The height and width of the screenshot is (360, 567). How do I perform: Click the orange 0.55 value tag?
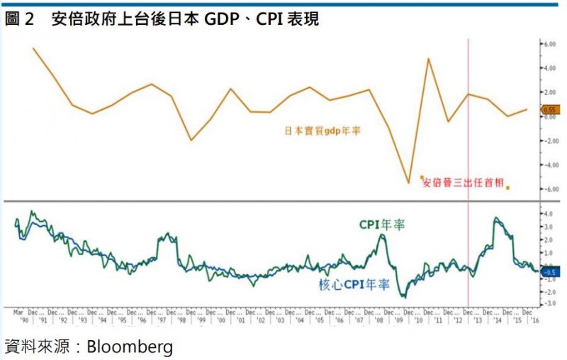point(550,110)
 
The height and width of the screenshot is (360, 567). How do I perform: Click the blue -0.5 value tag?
point(551,271)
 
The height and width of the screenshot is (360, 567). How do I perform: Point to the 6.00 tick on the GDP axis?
point(549,44)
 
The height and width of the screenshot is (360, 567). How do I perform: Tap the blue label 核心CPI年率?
point(354,285)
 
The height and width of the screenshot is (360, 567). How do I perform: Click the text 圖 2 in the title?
point(20,19)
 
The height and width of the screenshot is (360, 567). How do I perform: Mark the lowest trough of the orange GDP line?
point(409,183)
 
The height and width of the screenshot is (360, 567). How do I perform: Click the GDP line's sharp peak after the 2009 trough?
point(429,58)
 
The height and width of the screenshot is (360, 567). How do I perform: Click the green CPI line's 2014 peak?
point(495,218)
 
